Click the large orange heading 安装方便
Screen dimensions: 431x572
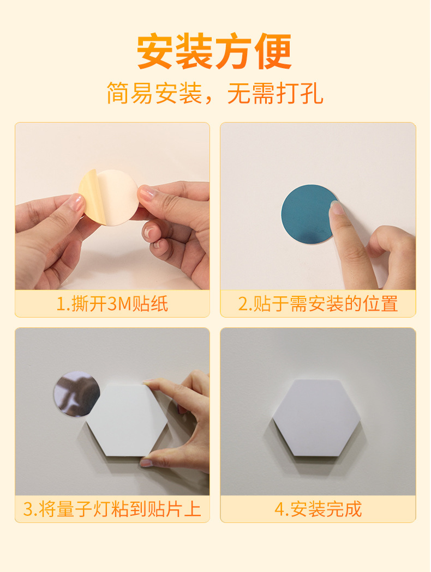tap(215, 51)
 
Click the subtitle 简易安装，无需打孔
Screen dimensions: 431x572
tap(215, 93)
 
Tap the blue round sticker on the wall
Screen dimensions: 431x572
tap(309, 214)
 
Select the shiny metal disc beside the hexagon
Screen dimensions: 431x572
tap(77, 394)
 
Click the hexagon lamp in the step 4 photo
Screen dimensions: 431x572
tap(316, 417)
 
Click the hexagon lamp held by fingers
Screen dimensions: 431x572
tap(127, 420)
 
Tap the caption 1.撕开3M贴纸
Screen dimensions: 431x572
tap(112, 304)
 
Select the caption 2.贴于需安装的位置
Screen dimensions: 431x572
tap(318, 304)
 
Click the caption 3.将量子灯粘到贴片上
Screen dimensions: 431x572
tap(112, 509)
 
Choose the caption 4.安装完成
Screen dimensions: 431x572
tap(318, 509)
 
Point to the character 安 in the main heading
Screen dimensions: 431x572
tap(155, 51)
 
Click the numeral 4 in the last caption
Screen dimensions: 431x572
tap(279, 509)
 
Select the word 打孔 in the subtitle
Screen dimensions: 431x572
tap(300, 93)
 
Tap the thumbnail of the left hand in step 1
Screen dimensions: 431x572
tap(78, 203)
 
